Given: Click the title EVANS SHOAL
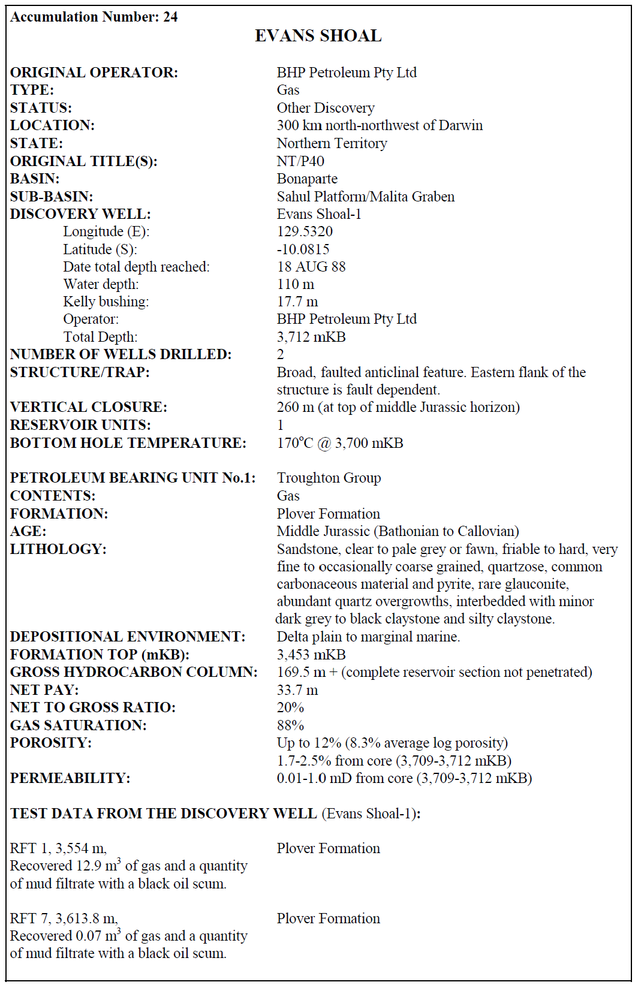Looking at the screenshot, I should (x=318, y=36).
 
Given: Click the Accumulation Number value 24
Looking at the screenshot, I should (x=170, y=17).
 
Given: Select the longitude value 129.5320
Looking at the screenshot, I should (x=305, y=231).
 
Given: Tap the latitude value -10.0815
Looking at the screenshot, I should (x=303, y=249).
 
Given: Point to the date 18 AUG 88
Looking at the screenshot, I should (x=311, y=267).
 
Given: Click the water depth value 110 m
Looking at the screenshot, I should (x=295, y=284).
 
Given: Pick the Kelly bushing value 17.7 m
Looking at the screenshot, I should (x=297, y=302).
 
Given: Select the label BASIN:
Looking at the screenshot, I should (x=35, y=179).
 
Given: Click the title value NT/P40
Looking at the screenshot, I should (x=300, y=161).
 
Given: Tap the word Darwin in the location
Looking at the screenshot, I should (x=461, y=125).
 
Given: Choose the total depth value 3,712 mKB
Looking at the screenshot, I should (x=311, y=337).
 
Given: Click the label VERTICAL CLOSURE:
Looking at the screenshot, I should (x=89, y=407).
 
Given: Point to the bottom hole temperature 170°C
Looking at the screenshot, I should (x=294, y=443).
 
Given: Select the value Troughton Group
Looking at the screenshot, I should (x=329, y=478).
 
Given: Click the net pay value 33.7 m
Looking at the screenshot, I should (x=297, y=690).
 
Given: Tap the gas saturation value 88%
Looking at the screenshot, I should (x=290, y=725).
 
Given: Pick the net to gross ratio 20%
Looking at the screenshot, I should (x=290, y=707).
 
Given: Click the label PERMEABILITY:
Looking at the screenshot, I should (x=70, y=778).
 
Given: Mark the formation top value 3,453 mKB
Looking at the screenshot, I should (x=311, y=655).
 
